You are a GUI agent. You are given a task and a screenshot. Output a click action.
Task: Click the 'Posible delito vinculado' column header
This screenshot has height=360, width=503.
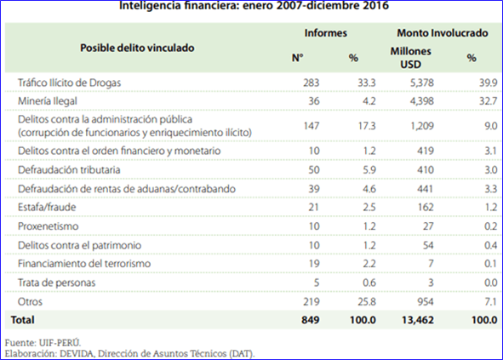137,48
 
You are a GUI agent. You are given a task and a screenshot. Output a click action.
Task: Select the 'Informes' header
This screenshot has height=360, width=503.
326,32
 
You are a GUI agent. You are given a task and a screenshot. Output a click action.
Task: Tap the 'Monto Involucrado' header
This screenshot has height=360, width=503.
443,32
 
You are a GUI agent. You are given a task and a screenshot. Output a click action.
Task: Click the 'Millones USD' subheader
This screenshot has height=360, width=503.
410,58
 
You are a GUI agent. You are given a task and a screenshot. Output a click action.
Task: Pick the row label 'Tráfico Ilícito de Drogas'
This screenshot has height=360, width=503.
69,83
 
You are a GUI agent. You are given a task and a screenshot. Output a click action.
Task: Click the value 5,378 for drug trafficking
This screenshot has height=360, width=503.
422,83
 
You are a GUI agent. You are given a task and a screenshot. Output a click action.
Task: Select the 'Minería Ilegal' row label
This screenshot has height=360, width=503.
48,101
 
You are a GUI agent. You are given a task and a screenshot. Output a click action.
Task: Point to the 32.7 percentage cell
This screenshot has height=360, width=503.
488,101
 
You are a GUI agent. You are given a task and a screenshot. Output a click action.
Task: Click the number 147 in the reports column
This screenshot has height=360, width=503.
312,126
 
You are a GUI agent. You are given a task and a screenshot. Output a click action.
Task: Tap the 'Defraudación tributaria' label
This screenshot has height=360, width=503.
69,169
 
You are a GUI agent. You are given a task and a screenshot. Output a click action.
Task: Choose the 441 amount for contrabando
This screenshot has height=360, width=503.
425,189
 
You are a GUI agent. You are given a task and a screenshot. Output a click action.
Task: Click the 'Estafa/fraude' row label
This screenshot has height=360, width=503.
47,208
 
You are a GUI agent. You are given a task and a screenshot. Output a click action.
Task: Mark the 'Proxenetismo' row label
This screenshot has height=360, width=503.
49,226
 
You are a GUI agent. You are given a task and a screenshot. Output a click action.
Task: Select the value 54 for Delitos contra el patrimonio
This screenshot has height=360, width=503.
428,245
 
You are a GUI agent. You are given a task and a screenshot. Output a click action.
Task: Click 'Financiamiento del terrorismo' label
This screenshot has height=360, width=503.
84,264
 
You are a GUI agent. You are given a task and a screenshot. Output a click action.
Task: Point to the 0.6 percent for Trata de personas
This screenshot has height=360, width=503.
369,283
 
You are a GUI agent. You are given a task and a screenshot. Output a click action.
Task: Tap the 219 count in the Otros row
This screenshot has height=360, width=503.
312,301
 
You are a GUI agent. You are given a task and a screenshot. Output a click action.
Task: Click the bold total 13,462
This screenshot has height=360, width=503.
418,320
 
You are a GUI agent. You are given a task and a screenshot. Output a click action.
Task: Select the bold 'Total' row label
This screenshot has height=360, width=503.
22,320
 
